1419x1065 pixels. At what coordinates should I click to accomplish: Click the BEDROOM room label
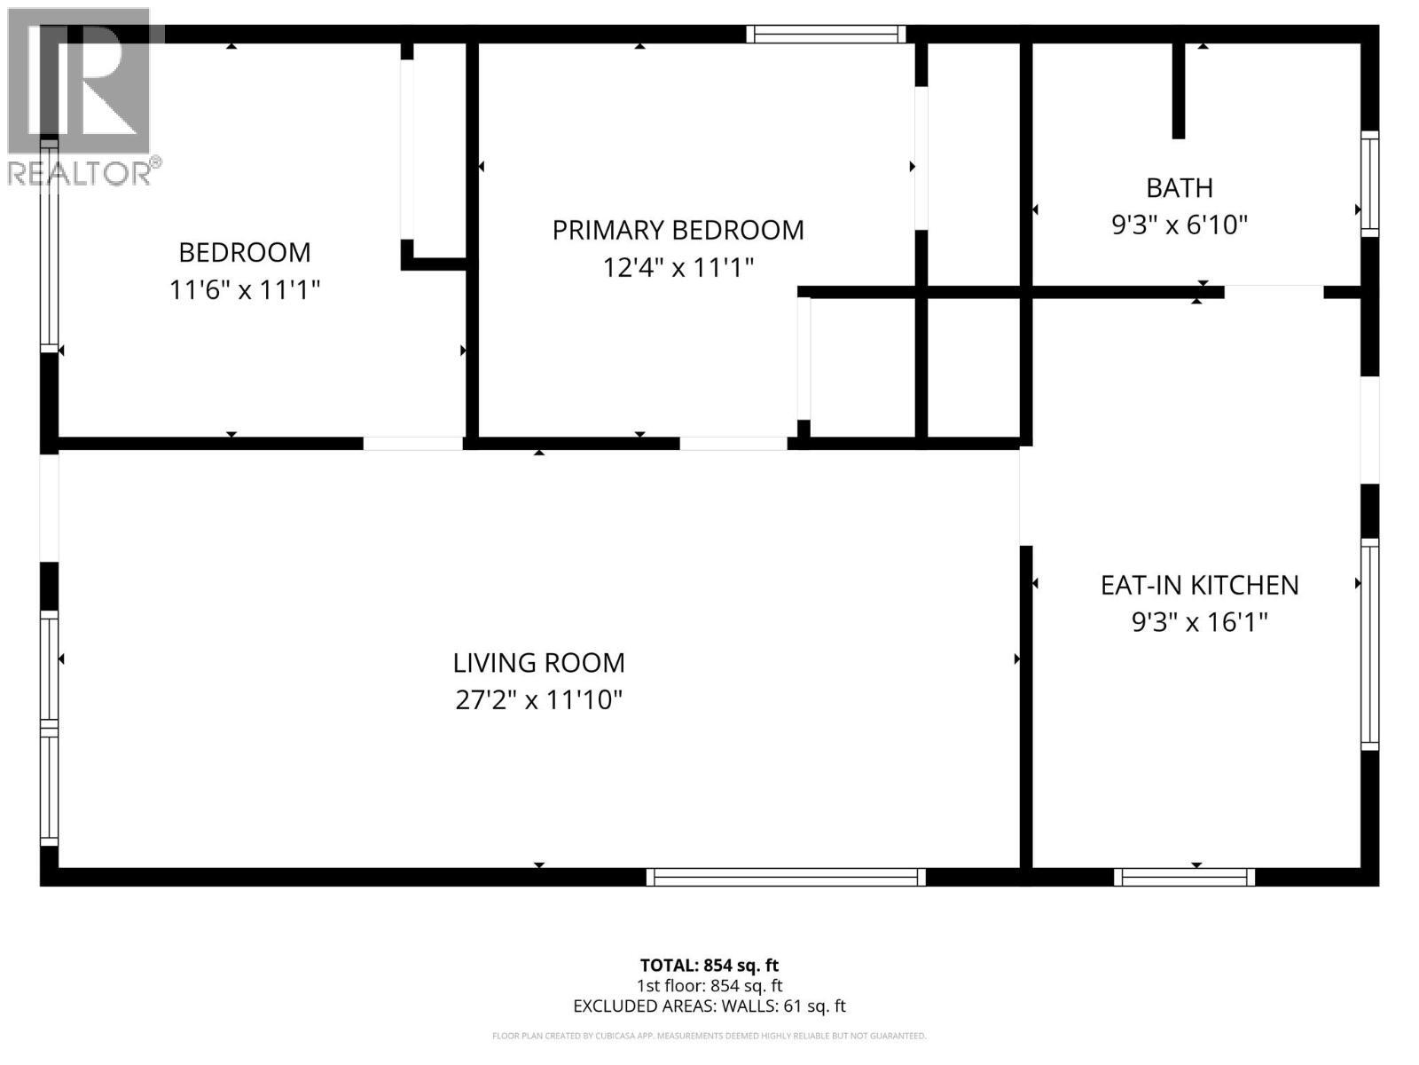(x=245, y=252)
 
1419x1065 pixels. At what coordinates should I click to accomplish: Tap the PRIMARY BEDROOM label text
(x=678, y=230)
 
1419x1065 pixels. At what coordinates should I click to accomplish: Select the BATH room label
(x=1179, y=188)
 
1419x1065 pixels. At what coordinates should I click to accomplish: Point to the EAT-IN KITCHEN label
(x=1199, y=585)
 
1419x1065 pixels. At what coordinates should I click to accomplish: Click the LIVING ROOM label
(x=538, y=663)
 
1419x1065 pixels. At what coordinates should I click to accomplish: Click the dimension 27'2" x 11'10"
(x=538, y=700)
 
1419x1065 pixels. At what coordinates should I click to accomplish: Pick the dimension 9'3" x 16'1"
(x=1199, y=622)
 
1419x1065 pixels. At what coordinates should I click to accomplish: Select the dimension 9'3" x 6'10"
(x=1179, y=225)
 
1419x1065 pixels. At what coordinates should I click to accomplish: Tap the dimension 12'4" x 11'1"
(x=678, y=267)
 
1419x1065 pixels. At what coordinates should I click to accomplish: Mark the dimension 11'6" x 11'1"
(x=245, y=289)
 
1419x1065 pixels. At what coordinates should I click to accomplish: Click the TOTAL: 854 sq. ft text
(x=709, y=965)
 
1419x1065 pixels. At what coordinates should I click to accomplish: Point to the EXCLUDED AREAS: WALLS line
(x=709, y=1006)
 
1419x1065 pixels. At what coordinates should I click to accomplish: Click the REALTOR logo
(x=82, y=98)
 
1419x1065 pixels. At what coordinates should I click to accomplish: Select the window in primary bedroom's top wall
(x=825, y=35)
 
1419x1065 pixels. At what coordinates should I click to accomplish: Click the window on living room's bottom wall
(x=786, y=877)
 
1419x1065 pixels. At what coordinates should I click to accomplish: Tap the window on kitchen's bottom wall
(x=1184, y=877)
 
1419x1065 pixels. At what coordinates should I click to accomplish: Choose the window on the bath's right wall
(x=1369, y=184)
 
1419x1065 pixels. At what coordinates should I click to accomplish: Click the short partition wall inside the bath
(x=1178, y=91)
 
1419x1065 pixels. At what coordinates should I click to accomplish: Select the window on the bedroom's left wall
(x=49, y=243)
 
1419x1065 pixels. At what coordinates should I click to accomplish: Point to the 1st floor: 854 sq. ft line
(x=709, y=985)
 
